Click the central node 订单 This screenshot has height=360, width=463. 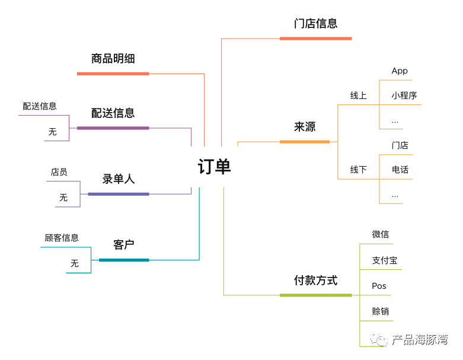tap(214, 167)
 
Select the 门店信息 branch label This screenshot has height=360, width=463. tap(315, 24)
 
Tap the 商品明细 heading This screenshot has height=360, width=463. tap(113, 59)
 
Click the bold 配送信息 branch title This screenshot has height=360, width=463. tap(113, 113)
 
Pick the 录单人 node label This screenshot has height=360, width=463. tap(119, 179)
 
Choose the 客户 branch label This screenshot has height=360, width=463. tap(124, 245)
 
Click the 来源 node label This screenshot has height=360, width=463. tap(305, 127)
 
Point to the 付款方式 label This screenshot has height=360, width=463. tap(315, 281)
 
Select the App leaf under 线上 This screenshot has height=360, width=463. tap(400, 71)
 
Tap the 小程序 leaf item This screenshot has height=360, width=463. tap(404, 95)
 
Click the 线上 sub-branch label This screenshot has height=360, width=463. tap(358, 95)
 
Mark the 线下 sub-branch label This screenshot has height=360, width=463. tap(358, 170)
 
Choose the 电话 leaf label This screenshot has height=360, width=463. tap(400, 170)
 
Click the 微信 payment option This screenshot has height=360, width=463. tap(380, 235)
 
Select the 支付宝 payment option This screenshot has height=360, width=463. tap(384, 260)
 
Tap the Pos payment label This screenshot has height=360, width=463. tap(379, 286)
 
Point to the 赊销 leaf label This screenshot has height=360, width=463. tap(380, 311)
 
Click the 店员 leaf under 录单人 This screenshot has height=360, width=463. tap(59, 173)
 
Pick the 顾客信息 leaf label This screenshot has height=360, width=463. tap(62, 238)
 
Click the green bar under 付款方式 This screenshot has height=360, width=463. tap(315, 295)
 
